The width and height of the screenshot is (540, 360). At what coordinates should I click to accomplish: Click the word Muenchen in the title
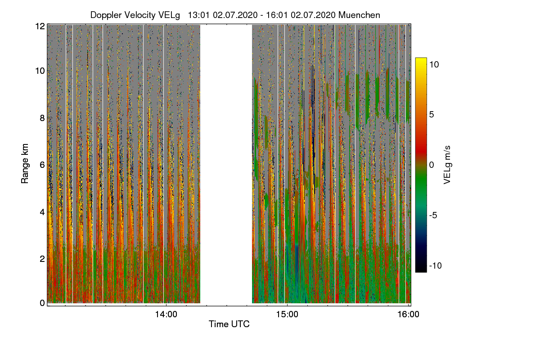[x=359, y=15]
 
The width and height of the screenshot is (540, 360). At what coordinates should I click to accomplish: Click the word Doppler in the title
[x=105, y=15]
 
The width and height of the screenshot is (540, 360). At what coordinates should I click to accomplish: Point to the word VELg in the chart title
[x=170, y=15]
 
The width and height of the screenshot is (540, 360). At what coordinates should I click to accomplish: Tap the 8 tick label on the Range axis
[x=42, y=118]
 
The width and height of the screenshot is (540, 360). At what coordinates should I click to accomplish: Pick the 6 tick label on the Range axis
[x=42, y=165]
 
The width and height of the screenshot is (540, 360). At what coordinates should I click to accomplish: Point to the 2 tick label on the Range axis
[x=42, y=258]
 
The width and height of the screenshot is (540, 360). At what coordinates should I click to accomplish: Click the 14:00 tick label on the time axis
[x=166, y=315]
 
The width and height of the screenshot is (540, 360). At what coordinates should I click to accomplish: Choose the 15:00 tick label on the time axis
[x=288, y=315]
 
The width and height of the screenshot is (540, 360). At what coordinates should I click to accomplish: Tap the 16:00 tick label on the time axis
[x=408, y=315]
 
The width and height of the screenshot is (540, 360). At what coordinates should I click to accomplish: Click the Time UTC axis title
[x=229, y=324]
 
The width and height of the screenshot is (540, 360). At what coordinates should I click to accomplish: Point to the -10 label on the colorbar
[x=435, y=265]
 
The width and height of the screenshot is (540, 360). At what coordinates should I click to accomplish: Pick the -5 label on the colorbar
[x=435, y=215]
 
